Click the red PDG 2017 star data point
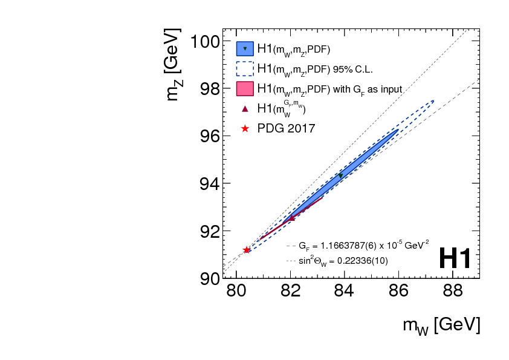click(x=247, y=250)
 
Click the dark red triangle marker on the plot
click(x=292, y=218)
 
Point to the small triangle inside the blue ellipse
click(x=341, y=175)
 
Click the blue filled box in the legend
click(x=244, y=48)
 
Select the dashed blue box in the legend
click(x=244, y=68)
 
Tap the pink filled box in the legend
click(x=244, y=88)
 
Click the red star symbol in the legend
click(x=245, y=128)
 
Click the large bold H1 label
click(x=455, y=259)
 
